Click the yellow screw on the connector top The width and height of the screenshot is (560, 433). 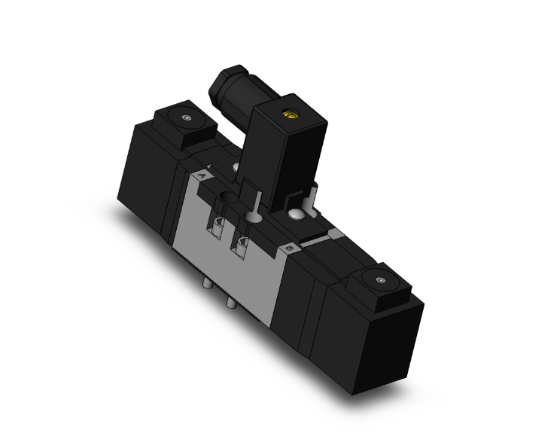coord(288,115)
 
